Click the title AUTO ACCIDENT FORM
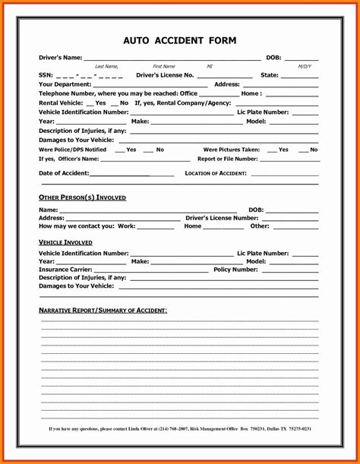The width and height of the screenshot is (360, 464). (x=180, y=40)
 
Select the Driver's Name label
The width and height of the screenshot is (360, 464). (x=60, y=58)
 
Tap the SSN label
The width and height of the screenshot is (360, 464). (x=46, y=75)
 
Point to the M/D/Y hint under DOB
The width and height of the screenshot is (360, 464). (x=305, y=67)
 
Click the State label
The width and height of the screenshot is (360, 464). (x=270, y=75)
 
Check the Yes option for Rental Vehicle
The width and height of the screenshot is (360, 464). (x=100, y=103)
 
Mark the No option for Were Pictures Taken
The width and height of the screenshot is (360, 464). (x=313, y=150)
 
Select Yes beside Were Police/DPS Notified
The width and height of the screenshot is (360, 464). (x=131, y=150)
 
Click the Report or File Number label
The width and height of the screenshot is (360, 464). (x=227, y=159)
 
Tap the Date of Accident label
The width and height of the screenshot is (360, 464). (x=64, y=173)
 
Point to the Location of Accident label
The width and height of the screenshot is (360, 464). (x=216, y=173)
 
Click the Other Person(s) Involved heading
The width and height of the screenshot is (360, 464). (x=82, y=197)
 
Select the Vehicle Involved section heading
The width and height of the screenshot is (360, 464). (x=66, y=241)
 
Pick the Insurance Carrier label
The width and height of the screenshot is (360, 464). (x=65, y=270)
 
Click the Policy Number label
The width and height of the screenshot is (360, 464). (x=235, y=270)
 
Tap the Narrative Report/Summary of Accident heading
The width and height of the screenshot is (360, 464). (x=103, y=311)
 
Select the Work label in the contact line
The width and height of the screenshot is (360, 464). (x=126, y=226)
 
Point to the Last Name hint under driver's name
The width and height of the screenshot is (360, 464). (x=106, y=67)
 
